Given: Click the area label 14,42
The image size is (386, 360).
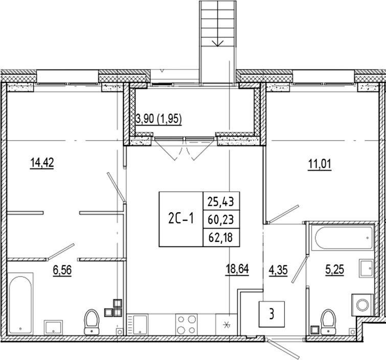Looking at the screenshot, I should tap(42, 163).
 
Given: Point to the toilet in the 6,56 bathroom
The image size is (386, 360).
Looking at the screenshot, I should tap(92, 320).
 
